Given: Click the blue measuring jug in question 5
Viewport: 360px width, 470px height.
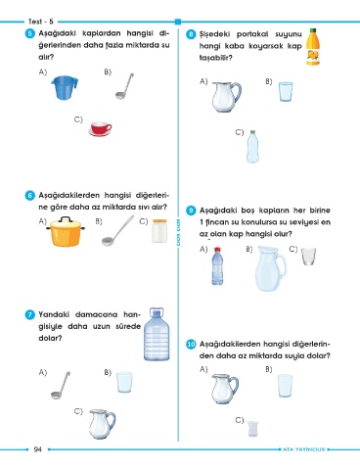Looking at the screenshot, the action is (x=65, y=87).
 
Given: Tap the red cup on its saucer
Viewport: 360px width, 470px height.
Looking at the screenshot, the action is (x=100, y=129).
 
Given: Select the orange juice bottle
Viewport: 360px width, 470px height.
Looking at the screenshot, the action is (x=313, y=47).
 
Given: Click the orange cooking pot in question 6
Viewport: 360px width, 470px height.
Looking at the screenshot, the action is (x=66, y=231).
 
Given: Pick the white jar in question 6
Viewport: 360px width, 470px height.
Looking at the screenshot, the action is (x=159, y=231).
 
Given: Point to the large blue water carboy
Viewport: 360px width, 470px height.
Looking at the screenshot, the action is (x=157, y=334).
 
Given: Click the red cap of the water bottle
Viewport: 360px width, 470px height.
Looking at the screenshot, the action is (x=217, y=250).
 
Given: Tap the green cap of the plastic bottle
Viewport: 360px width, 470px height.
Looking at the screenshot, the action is (x=252, y=133).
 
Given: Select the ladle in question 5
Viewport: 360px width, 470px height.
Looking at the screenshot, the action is (x=124, y=86).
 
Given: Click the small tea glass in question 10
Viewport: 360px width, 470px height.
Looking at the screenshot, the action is (x=252, y=429).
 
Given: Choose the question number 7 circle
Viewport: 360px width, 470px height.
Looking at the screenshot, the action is (x=29, y=315).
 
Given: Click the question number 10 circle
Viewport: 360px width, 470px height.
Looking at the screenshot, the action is (x=191, y=345).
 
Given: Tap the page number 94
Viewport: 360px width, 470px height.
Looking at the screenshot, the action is (x=38, y=449).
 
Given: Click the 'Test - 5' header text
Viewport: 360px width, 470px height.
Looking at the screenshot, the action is (x=41, y=22).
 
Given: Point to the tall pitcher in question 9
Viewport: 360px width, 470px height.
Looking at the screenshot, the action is (x=270, y=269).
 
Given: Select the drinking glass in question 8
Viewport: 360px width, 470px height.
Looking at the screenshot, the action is (x=286, y=92).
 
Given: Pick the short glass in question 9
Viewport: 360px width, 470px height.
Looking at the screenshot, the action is (x=308, y=257).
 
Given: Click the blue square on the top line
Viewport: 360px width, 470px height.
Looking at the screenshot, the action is (x=178, y=22).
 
